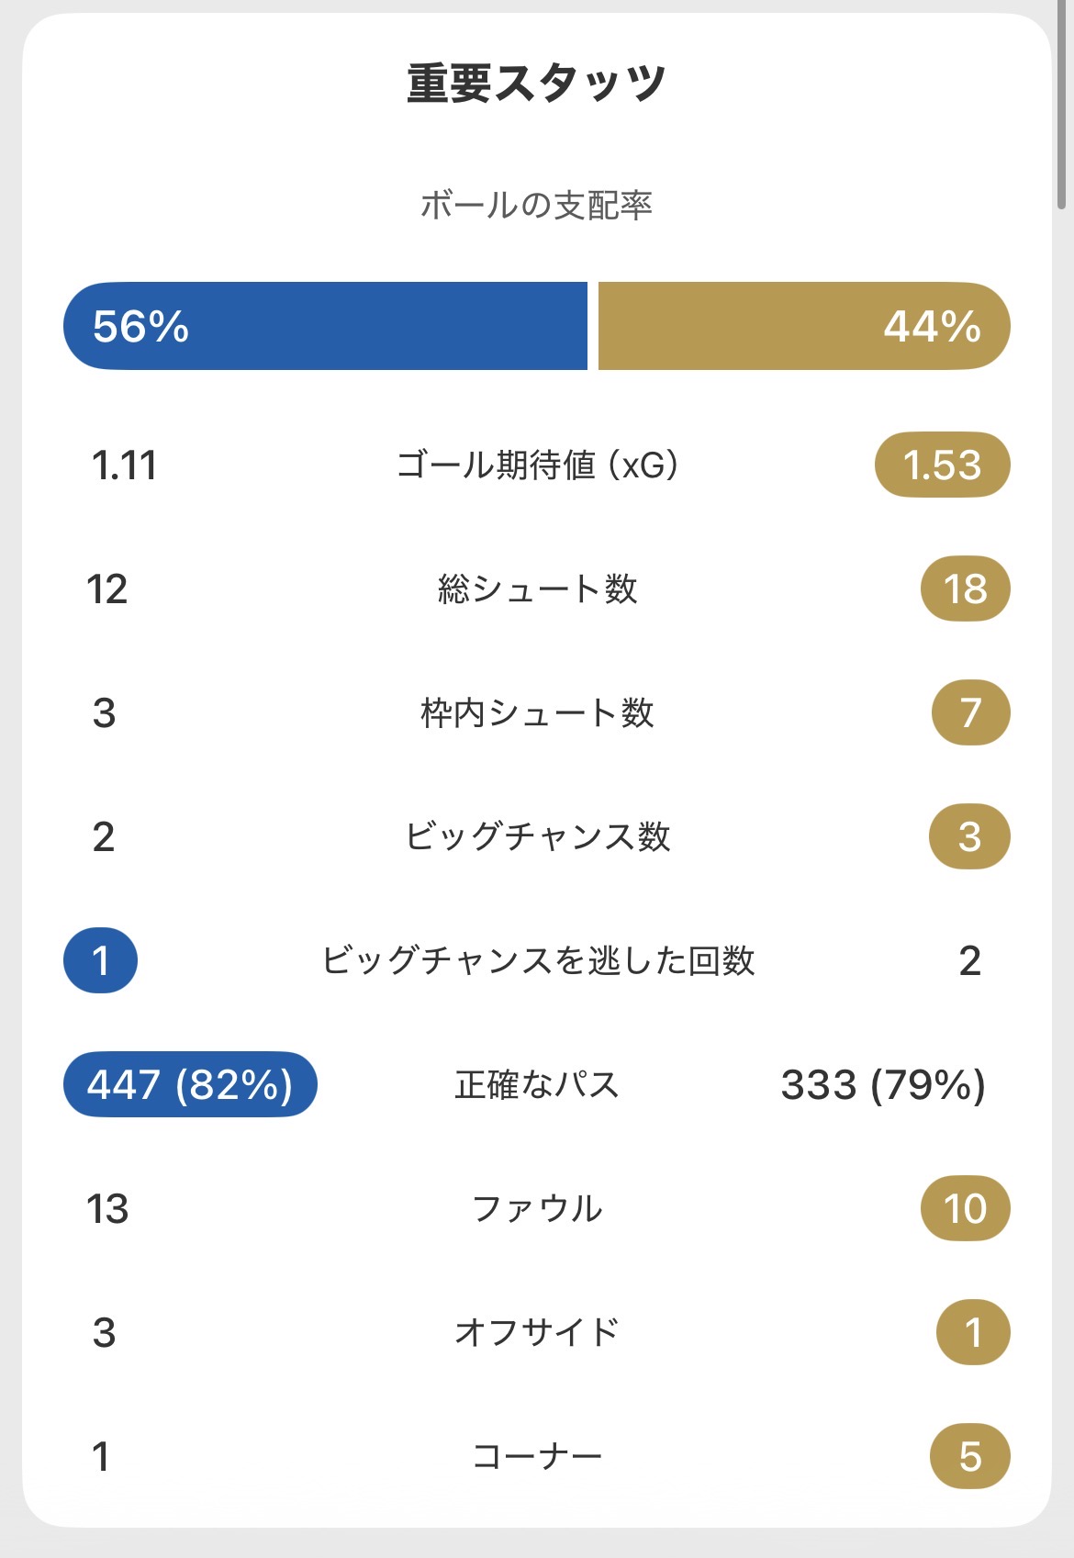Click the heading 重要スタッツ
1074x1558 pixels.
coord(536,83)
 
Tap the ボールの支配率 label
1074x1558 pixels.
coord(536,205)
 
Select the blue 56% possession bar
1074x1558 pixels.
coord(325,326)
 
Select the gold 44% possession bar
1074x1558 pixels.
coord(804,326)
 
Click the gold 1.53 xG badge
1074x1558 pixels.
coord(943,465)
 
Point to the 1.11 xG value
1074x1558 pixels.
coord(124,465)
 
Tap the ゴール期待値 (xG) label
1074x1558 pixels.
coord(537,465)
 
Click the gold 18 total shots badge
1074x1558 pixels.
coord(965,588)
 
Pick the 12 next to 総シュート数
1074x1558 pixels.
coord(107,588)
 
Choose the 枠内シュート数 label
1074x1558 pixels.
coord(537,712)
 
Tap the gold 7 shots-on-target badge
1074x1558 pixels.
coord(970,712)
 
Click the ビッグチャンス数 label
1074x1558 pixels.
coord(537,836)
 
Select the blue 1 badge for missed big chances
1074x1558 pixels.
coord(100,960)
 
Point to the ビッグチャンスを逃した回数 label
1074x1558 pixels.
coord(537,960)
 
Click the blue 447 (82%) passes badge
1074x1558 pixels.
coord(190,1084)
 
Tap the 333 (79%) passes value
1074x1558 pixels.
coord(883,1084)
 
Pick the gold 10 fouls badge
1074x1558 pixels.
coord(965,1208)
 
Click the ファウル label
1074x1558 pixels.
coord(537,1208)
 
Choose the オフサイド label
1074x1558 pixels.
coord(537,1332)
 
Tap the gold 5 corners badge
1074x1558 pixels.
coord(970,1456)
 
